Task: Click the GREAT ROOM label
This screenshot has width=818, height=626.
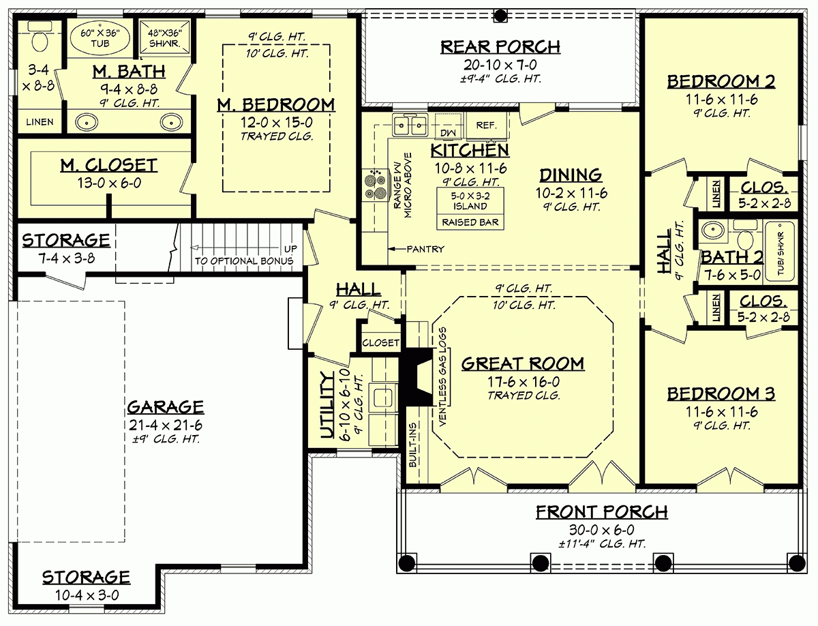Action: tap(522, 363)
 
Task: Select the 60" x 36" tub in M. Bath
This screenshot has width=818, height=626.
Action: tap(100, 39)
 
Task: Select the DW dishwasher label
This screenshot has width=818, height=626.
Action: tap(448, 132)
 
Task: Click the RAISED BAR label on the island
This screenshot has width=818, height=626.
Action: tap(470, 222)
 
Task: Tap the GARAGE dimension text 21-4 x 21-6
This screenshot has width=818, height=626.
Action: tap(164, 424)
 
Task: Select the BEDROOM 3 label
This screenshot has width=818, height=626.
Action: tap(721, 394)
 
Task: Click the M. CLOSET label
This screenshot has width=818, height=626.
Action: tap(109, 164)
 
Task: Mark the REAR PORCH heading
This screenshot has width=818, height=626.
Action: tap(500, 46)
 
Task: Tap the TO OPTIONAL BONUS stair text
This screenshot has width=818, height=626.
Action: tap(243, 260)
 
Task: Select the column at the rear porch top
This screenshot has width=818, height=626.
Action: tap(500, 14)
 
